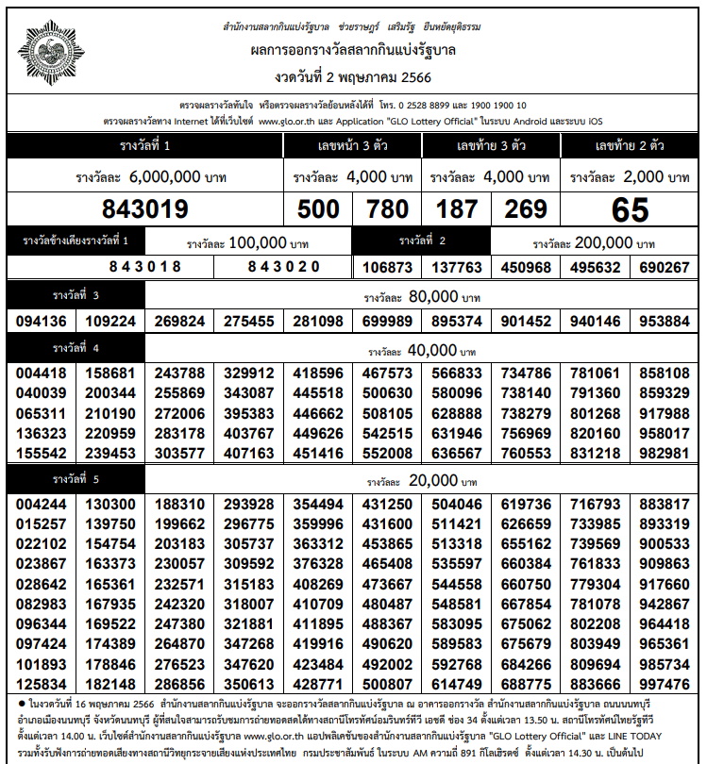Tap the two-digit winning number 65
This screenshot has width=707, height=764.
[x=630, y=208]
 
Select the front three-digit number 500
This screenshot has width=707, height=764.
[x=318, y=208]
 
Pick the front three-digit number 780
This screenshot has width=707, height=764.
[x=386, y=208]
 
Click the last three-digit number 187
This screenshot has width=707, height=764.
[x=455, y=208]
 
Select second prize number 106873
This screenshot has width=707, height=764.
[x=387, y=268]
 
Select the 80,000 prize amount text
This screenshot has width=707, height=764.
[x=433, y=297]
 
